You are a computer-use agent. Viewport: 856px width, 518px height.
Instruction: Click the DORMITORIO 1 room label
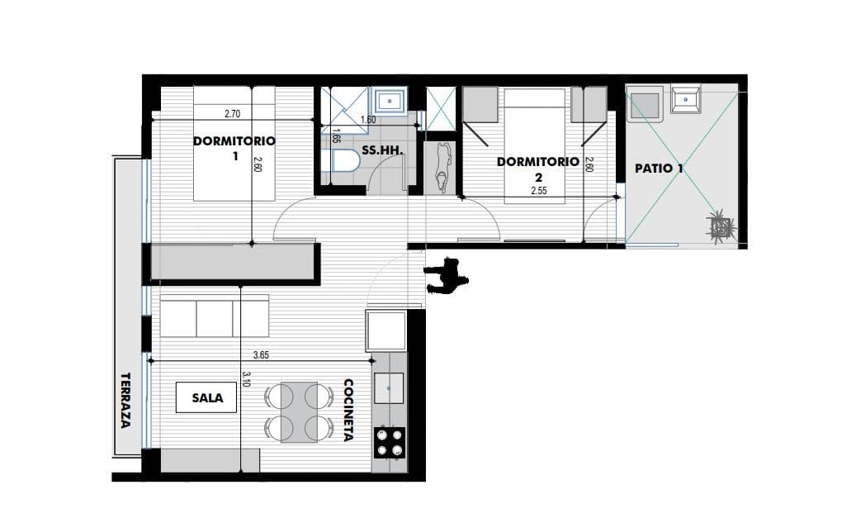click(234, 148)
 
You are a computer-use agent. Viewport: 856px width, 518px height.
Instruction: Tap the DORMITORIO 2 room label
click(537, 169)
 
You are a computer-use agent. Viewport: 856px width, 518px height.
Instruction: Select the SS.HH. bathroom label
click(382, 150)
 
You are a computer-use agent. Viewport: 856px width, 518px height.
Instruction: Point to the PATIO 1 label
click(659, 169)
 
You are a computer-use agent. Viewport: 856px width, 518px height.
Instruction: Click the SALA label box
click(206, 397)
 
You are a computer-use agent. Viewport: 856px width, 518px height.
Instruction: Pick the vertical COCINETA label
click(348, 410)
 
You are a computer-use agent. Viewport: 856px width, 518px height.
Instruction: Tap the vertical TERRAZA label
click(125, 400)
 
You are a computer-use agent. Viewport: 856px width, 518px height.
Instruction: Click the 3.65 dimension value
click(261, 355)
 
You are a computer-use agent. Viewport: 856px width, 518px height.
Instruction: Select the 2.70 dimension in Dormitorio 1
click(232, 114)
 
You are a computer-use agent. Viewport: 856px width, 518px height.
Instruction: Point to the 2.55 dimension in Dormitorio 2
click(538, 191)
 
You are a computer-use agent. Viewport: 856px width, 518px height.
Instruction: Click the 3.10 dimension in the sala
click(246, 379)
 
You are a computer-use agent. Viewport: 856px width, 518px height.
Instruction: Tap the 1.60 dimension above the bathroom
click(368, 120)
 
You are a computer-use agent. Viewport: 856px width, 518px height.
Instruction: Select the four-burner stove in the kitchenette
click(390, 443)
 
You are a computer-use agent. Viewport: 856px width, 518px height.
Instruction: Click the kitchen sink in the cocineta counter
click(389, 388)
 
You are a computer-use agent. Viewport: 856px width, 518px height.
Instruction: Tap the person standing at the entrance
click(447, 277)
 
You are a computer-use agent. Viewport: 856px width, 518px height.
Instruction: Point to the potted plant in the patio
click(721, 225)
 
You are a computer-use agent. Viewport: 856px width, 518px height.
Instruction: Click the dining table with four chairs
click(299, 412)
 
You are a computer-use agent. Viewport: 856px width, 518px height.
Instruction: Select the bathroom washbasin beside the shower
click(390, 100)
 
